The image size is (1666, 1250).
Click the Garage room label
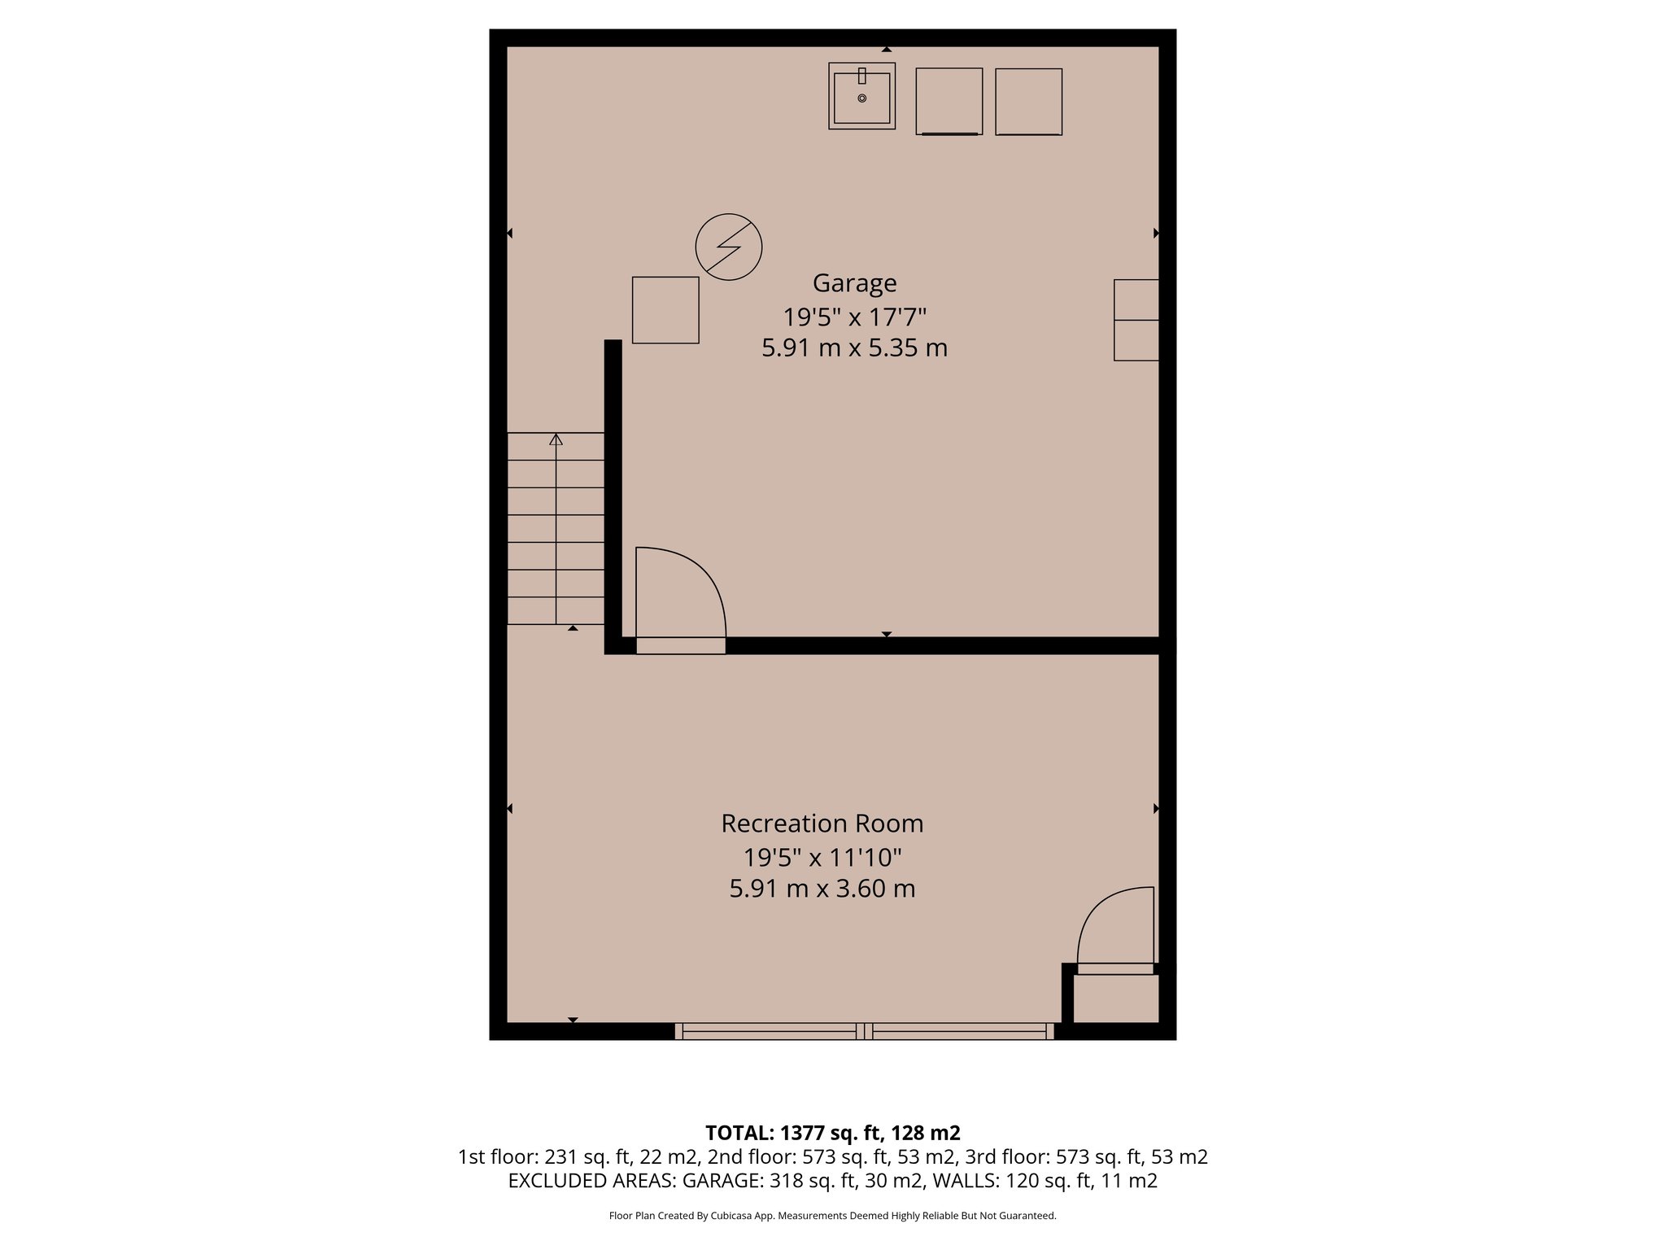pyautogui.click(x=854, y=283)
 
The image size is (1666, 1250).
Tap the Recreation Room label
pyautogui.click(x=822, y=824)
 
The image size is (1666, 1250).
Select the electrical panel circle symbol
pyautogui.click(x=728, y=247)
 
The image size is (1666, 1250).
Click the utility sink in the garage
pyautogui.click(x=861, y=97)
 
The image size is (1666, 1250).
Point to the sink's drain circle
pyautogui.click(x=861, y=98)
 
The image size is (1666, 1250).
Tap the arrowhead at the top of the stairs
pyautogui.click(x=556, y=439)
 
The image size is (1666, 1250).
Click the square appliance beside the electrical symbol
pyautogui.click(x=665, y=310)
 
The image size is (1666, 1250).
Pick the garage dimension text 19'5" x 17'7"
pyautogui.click(x=854, y=316)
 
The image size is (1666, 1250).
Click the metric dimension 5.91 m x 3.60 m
pyautogui.click(x=822, y=888)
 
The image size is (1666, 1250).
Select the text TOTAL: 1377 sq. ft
pyautogui.click(x=832, y=1133)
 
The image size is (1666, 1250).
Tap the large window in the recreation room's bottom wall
pyautogui.click(x=864, y=1031)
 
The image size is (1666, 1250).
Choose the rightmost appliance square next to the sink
pyautogui.click(x=1028, y=102)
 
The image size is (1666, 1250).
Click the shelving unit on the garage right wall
pyautogui.click(x=1136, y=320)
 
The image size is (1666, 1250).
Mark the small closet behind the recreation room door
pyautogui.click(x=1115, y=999)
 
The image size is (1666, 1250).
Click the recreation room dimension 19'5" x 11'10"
pyautogui.click(x=822, y=857)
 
